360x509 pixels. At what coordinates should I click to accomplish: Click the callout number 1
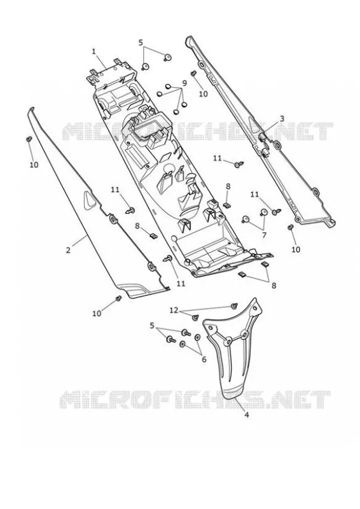point(93,52)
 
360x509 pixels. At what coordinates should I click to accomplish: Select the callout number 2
point(68,250)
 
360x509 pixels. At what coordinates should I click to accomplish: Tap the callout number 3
point(282,118)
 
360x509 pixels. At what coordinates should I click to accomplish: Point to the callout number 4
point(246,415)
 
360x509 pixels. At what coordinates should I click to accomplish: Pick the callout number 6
point(204,359)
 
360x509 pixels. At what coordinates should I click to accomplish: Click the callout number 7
point(264,235)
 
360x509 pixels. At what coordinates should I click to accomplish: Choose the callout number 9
point(184,83)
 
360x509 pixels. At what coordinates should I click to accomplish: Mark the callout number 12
point(174,310)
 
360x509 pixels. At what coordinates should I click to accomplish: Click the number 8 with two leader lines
point(274,285)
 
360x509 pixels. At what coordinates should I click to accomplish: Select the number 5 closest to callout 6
point(152,326)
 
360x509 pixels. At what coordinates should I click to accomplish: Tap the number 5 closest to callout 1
point(141,43)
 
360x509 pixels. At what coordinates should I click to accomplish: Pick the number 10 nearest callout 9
point(203,94)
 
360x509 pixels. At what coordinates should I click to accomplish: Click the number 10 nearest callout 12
point(97,313)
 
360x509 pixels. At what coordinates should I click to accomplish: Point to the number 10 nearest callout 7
point(296,249)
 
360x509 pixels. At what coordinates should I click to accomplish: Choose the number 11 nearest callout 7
point(254,195)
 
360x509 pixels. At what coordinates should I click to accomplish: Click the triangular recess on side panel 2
point(89,199)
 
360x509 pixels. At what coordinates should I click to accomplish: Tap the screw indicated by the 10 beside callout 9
point(194,74)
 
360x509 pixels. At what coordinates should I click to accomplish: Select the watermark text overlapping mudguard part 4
point(195,400)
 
